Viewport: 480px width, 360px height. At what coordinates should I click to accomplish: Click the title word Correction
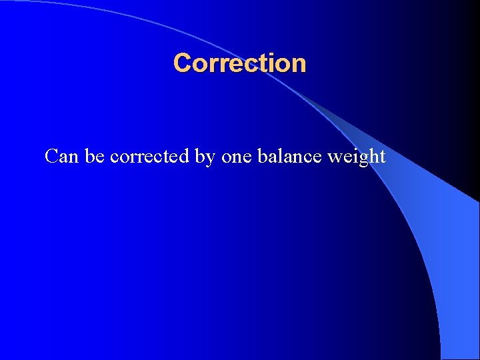click(239, 63)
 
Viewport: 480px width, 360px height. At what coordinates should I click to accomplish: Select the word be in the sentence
click(95, 156)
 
